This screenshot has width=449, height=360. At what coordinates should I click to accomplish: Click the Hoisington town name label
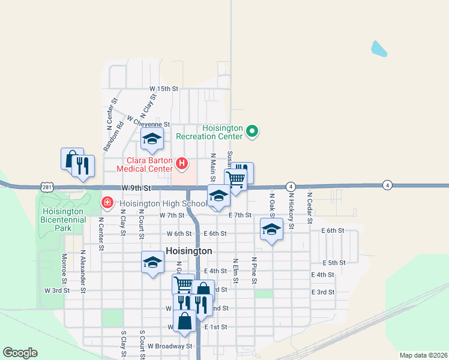point(188,251)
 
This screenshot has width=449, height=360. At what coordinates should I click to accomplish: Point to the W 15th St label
point(164,89)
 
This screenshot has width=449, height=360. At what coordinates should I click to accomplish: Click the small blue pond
point(379,49)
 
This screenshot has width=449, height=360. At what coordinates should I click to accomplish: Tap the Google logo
point(20,353)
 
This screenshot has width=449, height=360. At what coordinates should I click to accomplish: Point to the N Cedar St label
point(310,208)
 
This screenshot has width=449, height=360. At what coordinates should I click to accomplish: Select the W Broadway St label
point(170,346)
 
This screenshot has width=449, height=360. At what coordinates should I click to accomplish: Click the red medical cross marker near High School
point(107,203)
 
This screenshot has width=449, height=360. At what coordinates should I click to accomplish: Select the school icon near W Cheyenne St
point(152,139)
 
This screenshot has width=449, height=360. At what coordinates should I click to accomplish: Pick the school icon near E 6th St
point(272,229)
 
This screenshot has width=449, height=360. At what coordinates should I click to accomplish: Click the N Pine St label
point(255,272)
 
